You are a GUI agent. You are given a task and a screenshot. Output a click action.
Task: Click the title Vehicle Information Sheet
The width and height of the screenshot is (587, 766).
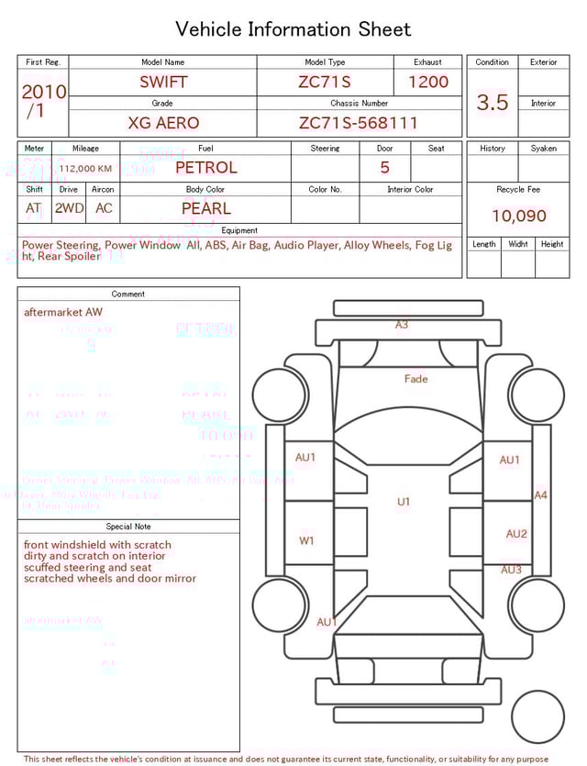[x=293, y=29]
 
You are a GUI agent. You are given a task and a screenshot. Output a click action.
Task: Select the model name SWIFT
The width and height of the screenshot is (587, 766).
[x=163, y=82]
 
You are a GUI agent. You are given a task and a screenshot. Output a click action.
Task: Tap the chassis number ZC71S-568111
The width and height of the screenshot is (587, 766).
[x=359, y=123]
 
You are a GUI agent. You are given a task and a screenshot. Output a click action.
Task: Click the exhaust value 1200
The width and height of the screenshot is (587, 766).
[x=428, y=82]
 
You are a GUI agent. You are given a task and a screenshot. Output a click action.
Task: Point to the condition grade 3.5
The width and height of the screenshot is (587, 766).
[x=493, y=103]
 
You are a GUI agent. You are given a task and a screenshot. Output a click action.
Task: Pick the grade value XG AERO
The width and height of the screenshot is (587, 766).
[x=163, y=123]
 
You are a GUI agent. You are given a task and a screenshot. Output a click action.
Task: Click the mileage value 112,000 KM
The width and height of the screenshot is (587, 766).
[x=85, y=169]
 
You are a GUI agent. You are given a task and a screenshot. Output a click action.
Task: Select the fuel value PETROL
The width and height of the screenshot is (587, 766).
[x=206, y=167]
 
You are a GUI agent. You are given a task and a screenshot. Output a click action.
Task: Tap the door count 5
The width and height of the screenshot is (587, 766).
[x=385, y=167]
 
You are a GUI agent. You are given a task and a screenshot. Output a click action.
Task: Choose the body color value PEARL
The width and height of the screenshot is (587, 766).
[x=206, y=208]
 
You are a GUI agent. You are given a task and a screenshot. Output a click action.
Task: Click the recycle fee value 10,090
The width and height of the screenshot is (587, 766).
[x=519, y=216]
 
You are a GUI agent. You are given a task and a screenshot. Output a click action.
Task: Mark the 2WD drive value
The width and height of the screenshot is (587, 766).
[x=69, y=208]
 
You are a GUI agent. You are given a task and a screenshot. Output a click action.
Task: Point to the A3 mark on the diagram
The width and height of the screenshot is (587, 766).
[x=402, y=325]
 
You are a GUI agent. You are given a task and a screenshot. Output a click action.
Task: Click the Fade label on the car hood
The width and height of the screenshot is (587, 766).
[x=415, y=378]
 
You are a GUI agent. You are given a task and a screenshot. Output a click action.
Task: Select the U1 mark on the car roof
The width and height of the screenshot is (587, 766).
[x=404, y=502]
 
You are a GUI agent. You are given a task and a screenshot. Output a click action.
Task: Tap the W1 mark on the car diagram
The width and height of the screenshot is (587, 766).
[x=306, y=540]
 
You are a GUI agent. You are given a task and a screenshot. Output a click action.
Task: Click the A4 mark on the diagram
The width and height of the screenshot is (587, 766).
[x=541, y=494]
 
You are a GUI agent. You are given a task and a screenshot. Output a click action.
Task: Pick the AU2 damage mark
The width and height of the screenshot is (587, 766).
[x=516, y=534]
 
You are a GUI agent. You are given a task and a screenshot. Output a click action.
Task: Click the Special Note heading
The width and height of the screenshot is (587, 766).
[x=128, y=527]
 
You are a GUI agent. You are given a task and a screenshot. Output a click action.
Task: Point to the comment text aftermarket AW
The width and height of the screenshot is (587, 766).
[x=63, y=312]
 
